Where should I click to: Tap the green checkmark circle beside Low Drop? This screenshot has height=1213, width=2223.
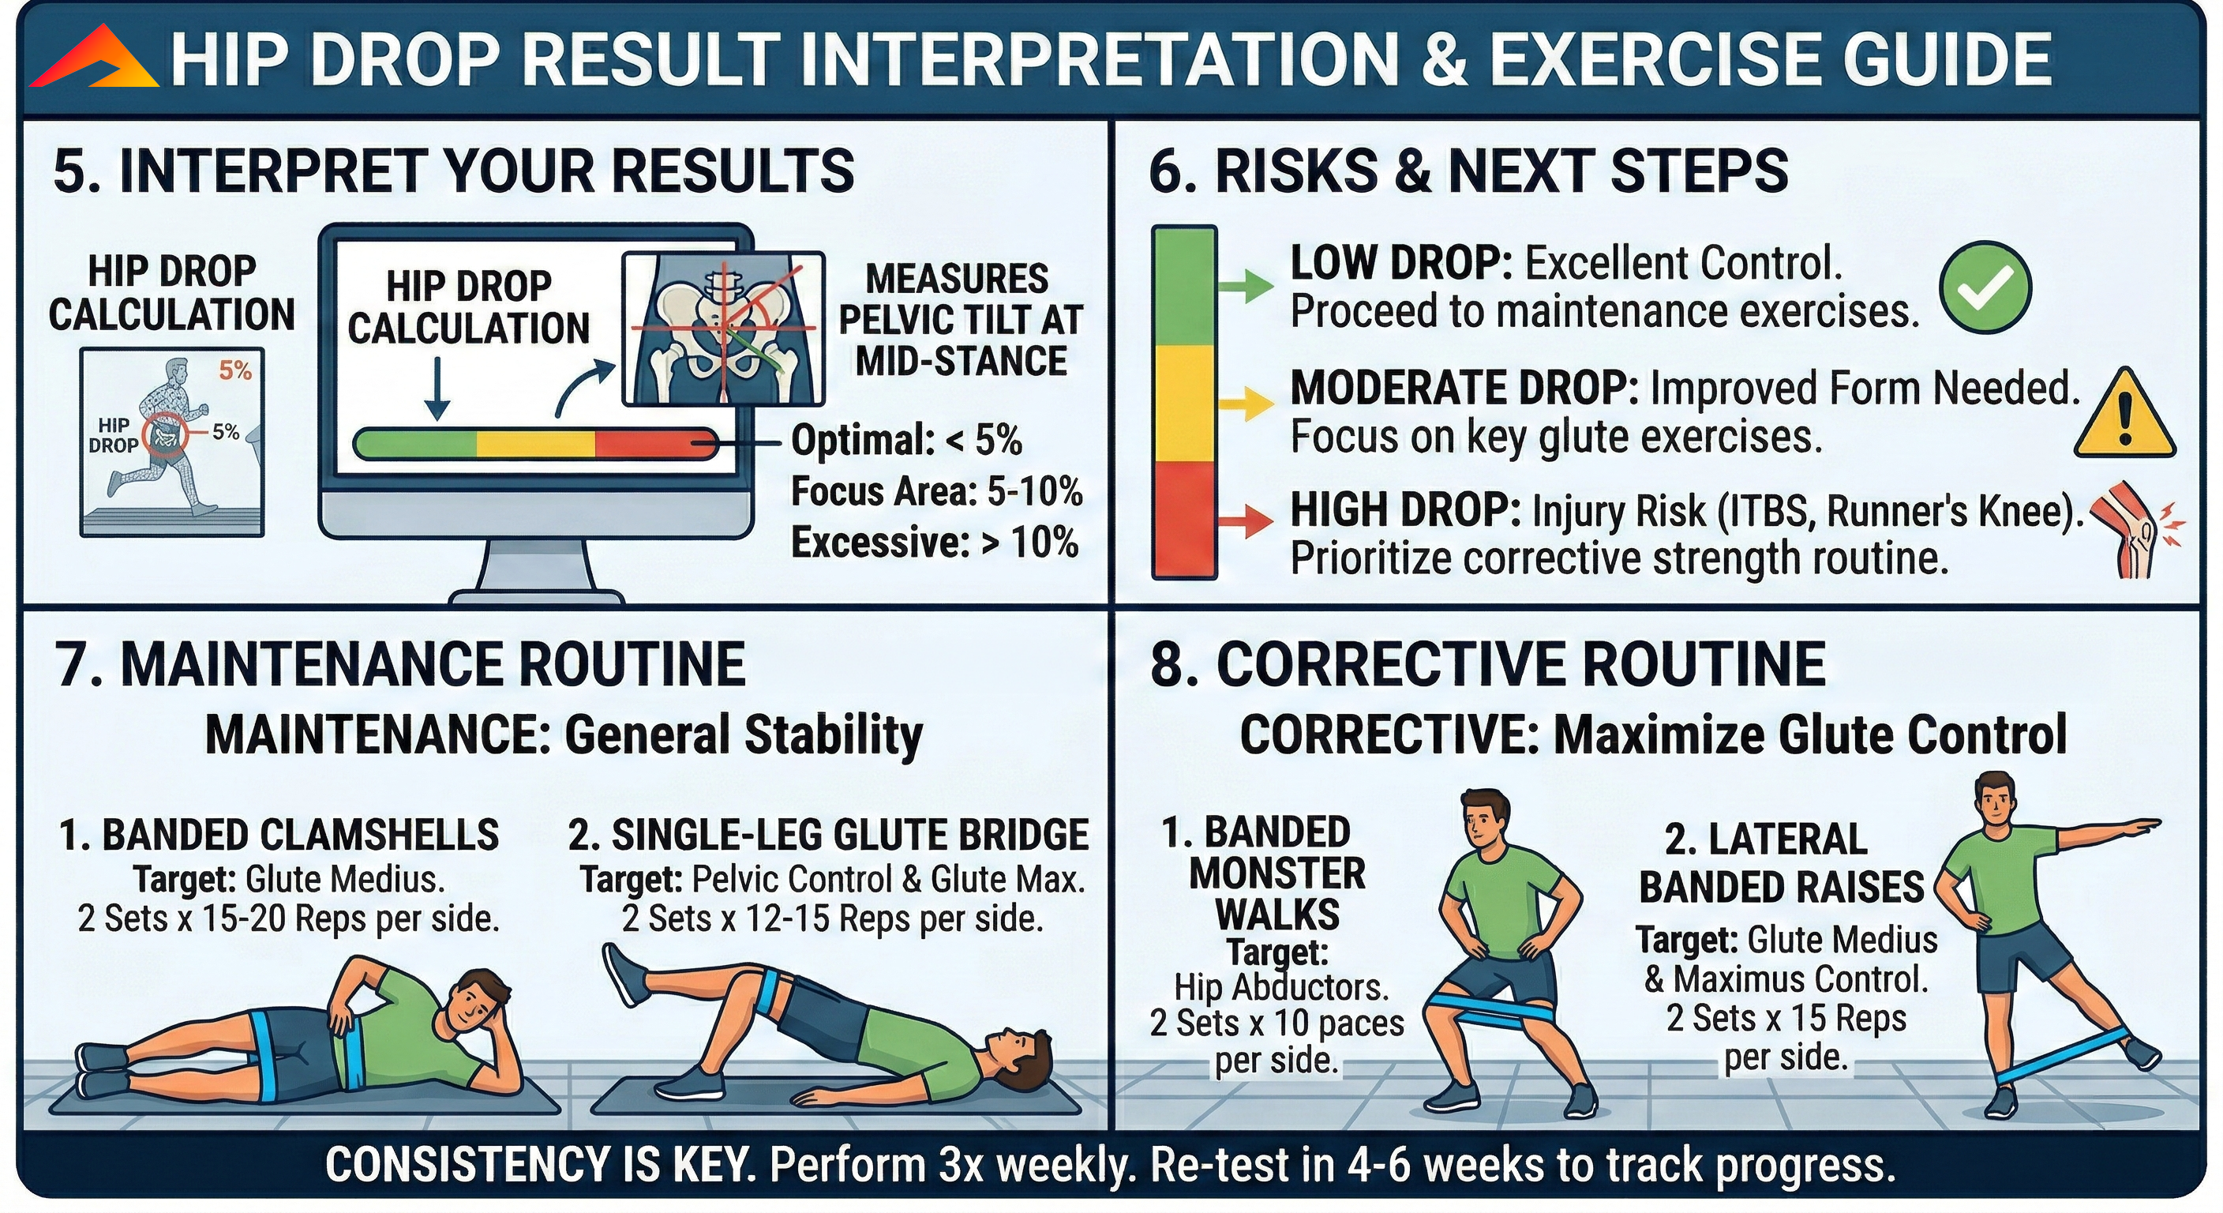1985,287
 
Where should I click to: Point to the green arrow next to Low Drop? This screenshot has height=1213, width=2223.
1246,286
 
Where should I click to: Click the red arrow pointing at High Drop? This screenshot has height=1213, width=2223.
1246,520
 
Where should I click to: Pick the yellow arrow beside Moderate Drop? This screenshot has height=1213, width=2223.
1246,402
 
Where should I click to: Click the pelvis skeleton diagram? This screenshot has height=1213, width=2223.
723,330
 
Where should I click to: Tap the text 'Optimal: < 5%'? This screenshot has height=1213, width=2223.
906,441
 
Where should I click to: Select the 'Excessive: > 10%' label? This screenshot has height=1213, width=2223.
935,543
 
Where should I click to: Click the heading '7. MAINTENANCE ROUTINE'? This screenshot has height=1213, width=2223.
399,665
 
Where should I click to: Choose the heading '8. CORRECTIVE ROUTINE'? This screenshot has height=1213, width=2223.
1488,665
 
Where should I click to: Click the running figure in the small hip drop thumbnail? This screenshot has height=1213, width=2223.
173,436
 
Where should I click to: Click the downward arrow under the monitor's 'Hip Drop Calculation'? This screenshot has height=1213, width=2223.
437,389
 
